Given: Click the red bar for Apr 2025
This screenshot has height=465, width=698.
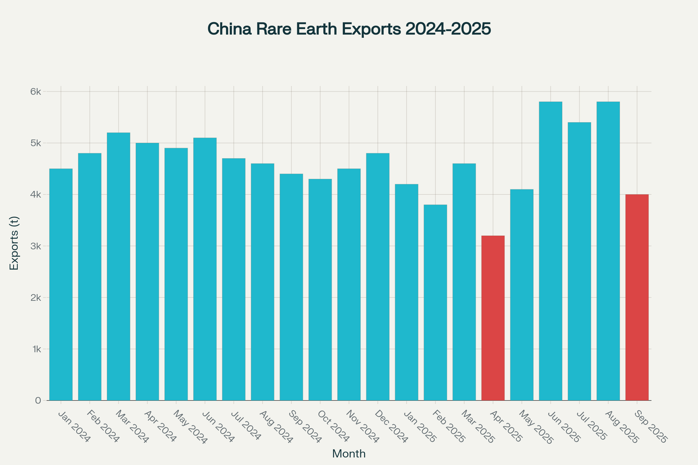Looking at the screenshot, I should pos(493,318).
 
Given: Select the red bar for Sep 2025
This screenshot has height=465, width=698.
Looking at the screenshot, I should pos(637,297).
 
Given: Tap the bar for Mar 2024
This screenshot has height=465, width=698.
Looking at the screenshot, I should pos(118,266).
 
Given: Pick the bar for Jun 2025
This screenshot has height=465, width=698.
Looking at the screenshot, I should pos(551,251).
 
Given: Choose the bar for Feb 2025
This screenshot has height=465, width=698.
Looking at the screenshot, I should pos(435,303).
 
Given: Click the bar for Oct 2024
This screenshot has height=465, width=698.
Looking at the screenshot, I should pos(320,289).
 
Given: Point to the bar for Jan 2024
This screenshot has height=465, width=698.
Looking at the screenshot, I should pos(61,285).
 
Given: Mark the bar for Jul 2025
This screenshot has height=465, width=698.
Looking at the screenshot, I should pos(579,261).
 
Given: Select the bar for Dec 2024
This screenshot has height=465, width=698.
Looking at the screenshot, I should pos(378,277).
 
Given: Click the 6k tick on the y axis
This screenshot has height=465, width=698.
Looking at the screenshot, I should pos(35,92).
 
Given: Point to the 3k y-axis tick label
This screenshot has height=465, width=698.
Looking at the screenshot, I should pos(35,246).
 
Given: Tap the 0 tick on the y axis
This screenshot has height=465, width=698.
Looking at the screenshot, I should pos(38,401).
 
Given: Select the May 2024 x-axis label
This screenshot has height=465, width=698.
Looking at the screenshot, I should pos(190,427).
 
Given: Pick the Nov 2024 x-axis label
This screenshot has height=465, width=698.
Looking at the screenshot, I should pos(363,427).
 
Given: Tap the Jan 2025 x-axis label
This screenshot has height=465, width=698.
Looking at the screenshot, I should pos(420,427).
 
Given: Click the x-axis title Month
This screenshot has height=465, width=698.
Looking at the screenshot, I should pos(349,454).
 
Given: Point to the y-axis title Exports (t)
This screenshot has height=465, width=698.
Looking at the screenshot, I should pos(14,243).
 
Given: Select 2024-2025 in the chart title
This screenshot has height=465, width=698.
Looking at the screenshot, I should pos(448,29).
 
